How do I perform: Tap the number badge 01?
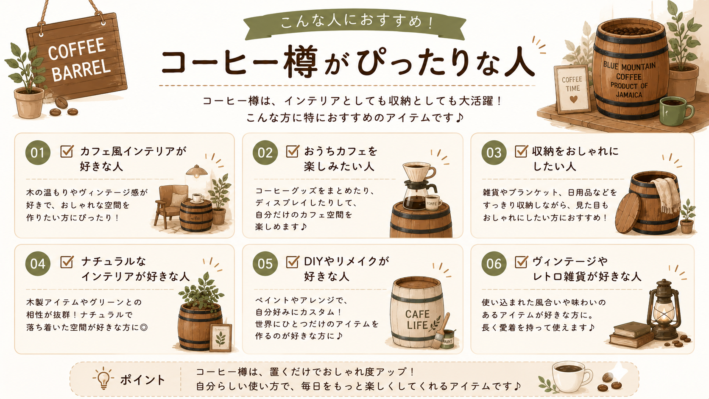point(38,153)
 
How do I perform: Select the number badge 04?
point(38,264)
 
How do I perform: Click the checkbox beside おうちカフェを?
point(292,151)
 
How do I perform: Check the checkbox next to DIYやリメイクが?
point(292,262)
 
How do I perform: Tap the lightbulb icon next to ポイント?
point(103,378)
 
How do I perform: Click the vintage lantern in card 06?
point(664,310)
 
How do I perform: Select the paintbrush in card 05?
point(441,331)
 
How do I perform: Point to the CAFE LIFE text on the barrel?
point(417,320)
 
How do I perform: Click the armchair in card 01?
point(171,206)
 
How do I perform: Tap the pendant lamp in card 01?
point(197,170)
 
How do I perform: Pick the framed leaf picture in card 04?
point(221,338)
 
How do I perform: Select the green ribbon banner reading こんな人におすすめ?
point(354,24)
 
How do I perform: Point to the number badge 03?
point(494,153)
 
